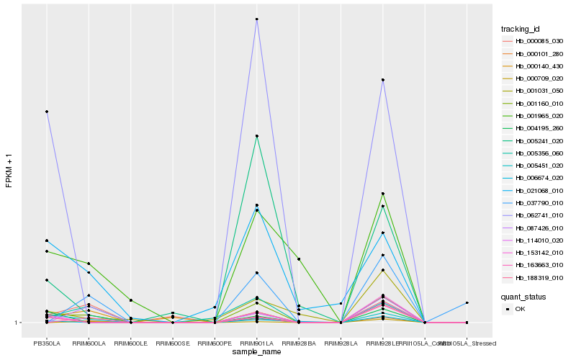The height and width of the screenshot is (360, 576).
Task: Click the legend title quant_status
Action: click(x=523, y=296)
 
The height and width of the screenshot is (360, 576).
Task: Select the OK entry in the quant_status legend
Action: click(x=521, y=308)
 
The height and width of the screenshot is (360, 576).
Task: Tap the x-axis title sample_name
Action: click(x=256, y=352)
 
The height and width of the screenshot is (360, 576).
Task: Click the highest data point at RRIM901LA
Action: click(x=256, y=19)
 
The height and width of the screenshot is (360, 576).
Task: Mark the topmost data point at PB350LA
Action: click(x=47, y=112)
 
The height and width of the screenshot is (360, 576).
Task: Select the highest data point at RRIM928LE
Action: click(x=383, y=80)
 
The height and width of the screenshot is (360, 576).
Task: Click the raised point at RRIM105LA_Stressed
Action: click(x=467, y=303)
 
